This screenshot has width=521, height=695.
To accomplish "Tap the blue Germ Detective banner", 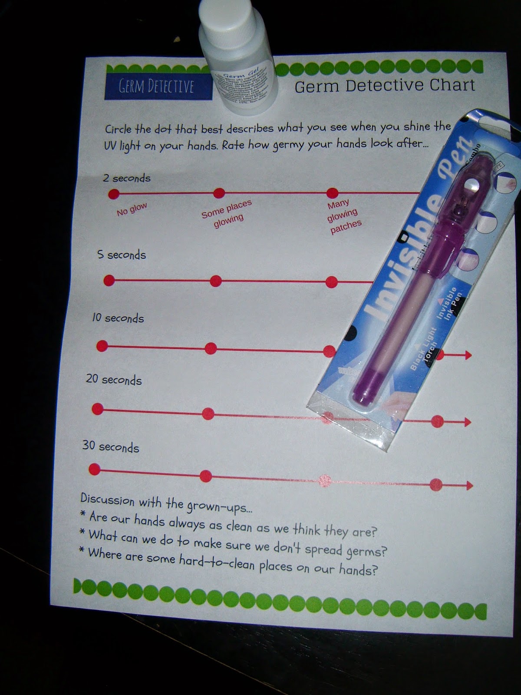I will (x=156, y=86).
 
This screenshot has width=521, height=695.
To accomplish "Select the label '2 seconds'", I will (x=127, y=178).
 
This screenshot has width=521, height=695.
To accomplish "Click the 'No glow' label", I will (x=132, y=209).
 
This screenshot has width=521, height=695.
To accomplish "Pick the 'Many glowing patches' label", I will (x=344, y=216).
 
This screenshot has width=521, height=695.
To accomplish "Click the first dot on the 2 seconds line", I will (x=114, y=194).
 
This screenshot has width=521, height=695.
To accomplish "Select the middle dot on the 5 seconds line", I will (x=216, y=281).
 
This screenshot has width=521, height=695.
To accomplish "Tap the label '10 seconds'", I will (x=118, y=318).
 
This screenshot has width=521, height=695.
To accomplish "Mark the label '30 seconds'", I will (x=111, y=447).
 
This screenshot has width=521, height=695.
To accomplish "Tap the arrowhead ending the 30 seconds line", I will (x=469, y=485).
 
